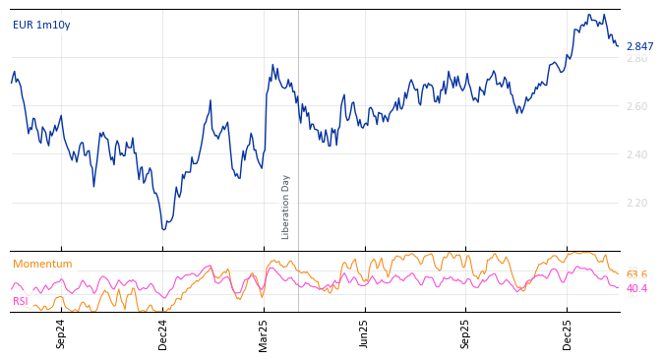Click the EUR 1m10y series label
(41, 26)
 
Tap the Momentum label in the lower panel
(42, 265)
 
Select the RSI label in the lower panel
(21, 302)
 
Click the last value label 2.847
(639, 47)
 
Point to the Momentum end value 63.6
(636, 275)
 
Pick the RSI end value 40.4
(636, 289)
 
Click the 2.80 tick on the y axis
(636, 59)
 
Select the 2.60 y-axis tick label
(636, 107)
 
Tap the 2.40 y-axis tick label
(636, 155)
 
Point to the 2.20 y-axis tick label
(636, 204)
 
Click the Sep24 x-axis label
(61, 333)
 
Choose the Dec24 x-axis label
(163, 333)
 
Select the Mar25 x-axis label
(264, 333)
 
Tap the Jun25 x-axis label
(364, 333)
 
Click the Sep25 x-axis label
(466, 333)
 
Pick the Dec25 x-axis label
(568, 333)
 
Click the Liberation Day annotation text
(286, 207)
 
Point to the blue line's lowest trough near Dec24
(163, 229)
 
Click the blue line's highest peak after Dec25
(589, 15)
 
